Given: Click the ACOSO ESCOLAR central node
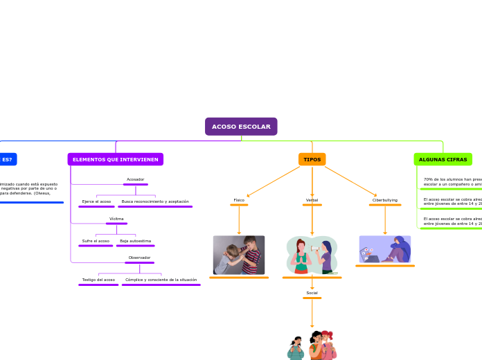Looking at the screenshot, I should (x=241, y=127).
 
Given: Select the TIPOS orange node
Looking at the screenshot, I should (x=312, y=159).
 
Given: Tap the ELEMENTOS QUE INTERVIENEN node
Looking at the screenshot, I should (x=116, y=159).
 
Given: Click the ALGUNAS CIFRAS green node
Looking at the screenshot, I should (x=443, y=159).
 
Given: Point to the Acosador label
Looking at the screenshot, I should (x=135, y=179).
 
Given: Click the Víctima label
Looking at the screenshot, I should (x=116, y=219).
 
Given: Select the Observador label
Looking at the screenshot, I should (x=139, y=258).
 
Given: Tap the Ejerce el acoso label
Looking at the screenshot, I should (x=96, y=201).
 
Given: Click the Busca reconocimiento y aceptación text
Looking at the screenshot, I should (x=155, y=201).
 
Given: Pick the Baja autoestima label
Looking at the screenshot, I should (x=135, y=241).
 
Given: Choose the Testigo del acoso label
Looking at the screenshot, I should (x=98, y=280).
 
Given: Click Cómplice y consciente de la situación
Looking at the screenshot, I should (x=161, y=280).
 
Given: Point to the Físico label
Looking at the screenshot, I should (x=239, y=200).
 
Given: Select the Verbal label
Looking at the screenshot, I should (x=312, y=200).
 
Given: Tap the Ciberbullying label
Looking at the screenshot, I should (x=385, y=200).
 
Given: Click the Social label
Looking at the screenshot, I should (x=312, y=293).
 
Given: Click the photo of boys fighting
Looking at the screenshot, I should (x=239, y=255).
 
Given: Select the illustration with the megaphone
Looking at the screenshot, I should (x=312, y=255).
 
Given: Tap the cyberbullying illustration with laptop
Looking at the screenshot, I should (x=385, y=249).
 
